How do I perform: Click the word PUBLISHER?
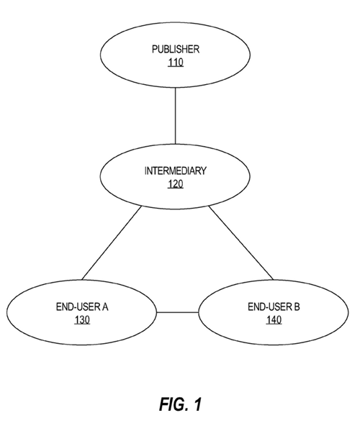(x=176, y=49)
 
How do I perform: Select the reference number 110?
(x=176, y=62)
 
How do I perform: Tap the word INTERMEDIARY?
(x=176, y=170)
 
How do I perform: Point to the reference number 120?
(x=176, y=183)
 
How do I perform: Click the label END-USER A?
(x=82, y=306)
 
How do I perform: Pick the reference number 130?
(x=82, y=319)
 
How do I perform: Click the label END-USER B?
(x=274, y=306)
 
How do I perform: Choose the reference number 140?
(x=274, y=319)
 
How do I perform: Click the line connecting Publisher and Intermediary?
(x=175, y=116)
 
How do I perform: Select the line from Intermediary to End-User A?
(x=112, y=243)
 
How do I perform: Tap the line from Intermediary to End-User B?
(x=241, y=243)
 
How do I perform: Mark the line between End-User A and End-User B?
(x=178, y=312)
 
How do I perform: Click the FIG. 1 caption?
(x=181, y=404)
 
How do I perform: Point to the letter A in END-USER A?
(x=104, y=306)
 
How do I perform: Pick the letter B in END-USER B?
(x=297, y=306)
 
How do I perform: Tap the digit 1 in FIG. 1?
(x=198, y=404)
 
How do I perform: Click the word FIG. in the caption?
(x=173, y=404)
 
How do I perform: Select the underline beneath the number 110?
(x=176, y=66)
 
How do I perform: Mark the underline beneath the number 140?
(x=274, y=324)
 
